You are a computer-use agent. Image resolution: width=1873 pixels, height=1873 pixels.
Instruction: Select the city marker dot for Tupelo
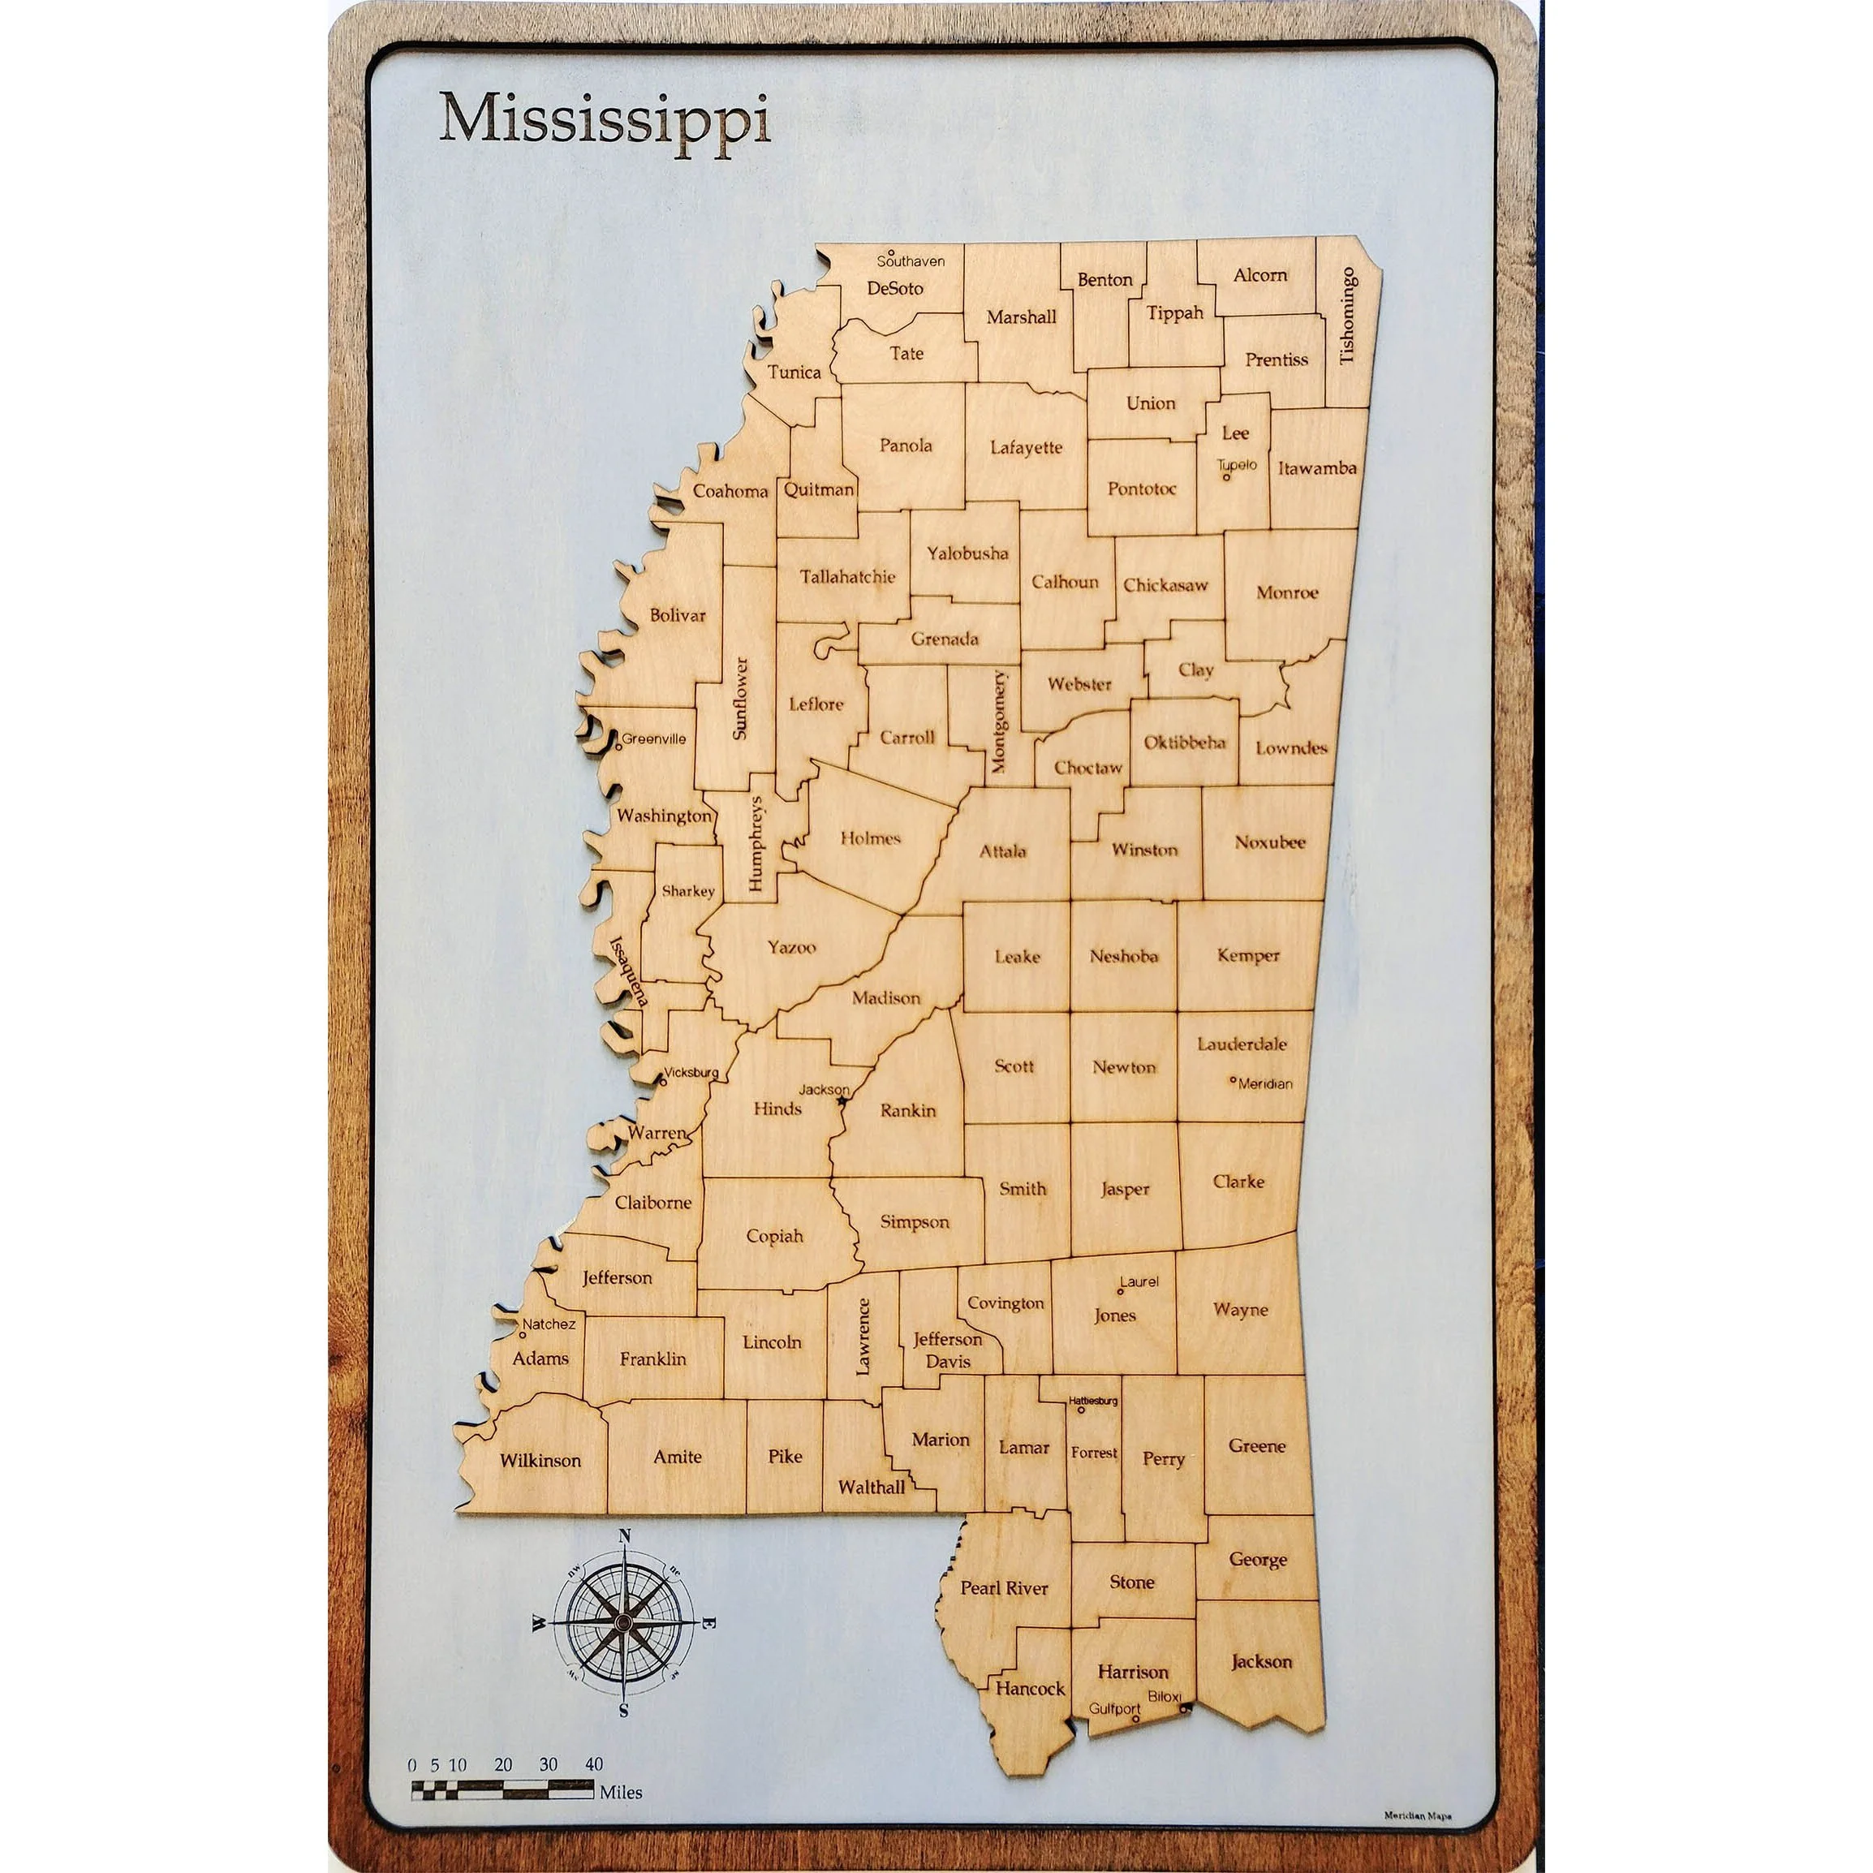pyautogui.click(x=1226, y=477)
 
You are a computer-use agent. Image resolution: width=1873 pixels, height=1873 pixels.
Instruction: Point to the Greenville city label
pyautogui.click(x=654, y=738)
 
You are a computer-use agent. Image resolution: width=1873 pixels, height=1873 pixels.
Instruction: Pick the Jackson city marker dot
pyautogui.click(x=842, y=1101)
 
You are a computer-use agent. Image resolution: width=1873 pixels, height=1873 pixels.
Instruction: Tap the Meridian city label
pyautogui.click(x=1265, y=1084)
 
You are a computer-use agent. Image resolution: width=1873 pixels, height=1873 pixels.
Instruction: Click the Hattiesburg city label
pyautogui.click(x=1094, y=1401)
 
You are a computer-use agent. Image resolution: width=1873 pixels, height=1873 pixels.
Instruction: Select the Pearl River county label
pyautogui.click(x=1005, y=1588)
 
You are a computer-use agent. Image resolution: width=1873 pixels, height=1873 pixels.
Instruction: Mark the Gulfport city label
pyautogui.click(x=1114, y=1708)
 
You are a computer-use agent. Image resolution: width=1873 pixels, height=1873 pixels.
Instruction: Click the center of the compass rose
pyautogui.click(x=624, y=1622)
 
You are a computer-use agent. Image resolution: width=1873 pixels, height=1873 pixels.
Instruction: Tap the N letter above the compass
pyautogui.click(x=624, y=1535)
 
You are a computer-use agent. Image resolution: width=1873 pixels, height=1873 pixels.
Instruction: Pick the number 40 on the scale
pyautogui.click(x=593, y=1764)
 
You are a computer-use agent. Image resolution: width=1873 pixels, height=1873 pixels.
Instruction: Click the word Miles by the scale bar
pyautogui.click(x=621, y=1793)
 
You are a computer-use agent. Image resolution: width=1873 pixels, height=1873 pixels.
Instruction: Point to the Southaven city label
pyautogui.click(x=911, y=260)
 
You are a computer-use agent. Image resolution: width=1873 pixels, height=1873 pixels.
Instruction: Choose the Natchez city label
pyautogui.click(x=549, y=1324)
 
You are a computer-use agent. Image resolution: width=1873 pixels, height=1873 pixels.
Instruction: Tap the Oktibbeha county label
pyautogui.click(x=1184, y=743)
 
